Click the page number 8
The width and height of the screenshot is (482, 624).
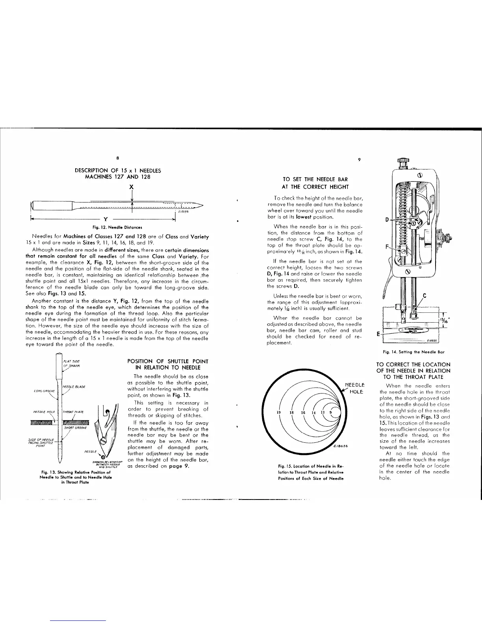117,159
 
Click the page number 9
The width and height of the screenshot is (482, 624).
359,160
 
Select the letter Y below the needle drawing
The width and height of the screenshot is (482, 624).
105,219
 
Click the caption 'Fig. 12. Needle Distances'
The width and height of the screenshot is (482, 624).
117,227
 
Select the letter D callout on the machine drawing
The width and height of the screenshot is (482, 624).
387,219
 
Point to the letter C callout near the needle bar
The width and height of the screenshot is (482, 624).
425,295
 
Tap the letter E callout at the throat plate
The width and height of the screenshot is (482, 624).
378,333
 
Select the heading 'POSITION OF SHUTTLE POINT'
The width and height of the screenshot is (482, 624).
168,361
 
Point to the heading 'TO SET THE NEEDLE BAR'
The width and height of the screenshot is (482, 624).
315,180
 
